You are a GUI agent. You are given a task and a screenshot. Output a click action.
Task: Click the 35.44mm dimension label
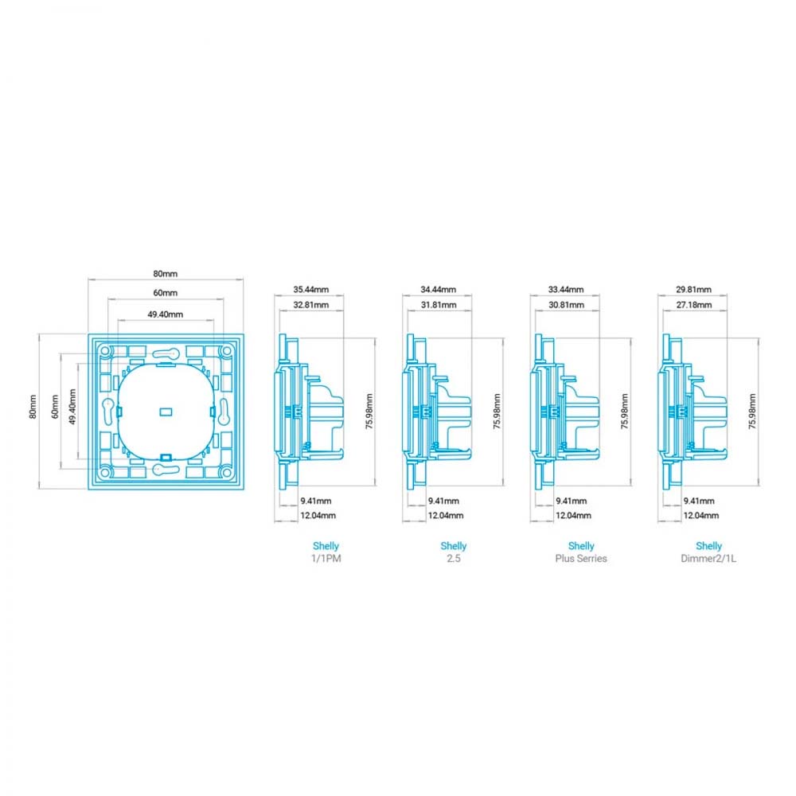point(310,290)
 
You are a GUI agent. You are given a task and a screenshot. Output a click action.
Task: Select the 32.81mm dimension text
point(310,305)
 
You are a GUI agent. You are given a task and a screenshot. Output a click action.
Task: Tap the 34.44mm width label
point(438,290)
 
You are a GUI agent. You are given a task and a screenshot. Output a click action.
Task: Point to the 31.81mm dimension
point(438,305)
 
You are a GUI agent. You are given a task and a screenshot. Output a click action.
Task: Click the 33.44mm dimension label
point(566,290)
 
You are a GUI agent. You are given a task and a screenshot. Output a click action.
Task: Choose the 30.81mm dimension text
point(566,305)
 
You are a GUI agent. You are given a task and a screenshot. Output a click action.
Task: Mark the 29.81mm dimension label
point(693,290)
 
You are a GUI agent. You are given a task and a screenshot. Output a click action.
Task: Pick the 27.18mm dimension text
point(693,305)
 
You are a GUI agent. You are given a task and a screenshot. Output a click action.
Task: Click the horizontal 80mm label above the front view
point(166,274)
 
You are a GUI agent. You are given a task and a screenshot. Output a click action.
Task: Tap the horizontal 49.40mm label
point(166,314)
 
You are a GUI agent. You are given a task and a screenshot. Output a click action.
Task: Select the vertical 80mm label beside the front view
point(33,407)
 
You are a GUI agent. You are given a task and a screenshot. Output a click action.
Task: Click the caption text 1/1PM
point(326,559)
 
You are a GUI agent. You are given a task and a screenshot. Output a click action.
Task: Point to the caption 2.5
point(454,559)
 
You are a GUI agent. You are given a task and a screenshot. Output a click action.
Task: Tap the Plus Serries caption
point(581,559)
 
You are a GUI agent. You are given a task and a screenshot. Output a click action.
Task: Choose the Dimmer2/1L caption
point(708,559)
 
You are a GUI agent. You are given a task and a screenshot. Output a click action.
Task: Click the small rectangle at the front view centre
point(166,412)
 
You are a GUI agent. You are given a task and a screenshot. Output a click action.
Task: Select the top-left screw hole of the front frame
point(105,351)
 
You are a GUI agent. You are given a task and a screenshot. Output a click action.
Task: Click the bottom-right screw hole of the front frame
point(227,473)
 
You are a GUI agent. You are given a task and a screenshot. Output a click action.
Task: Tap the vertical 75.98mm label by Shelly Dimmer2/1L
point(752,412)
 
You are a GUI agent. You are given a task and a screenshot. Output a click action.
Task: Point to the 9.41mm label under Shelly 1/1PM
point(316,501)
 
